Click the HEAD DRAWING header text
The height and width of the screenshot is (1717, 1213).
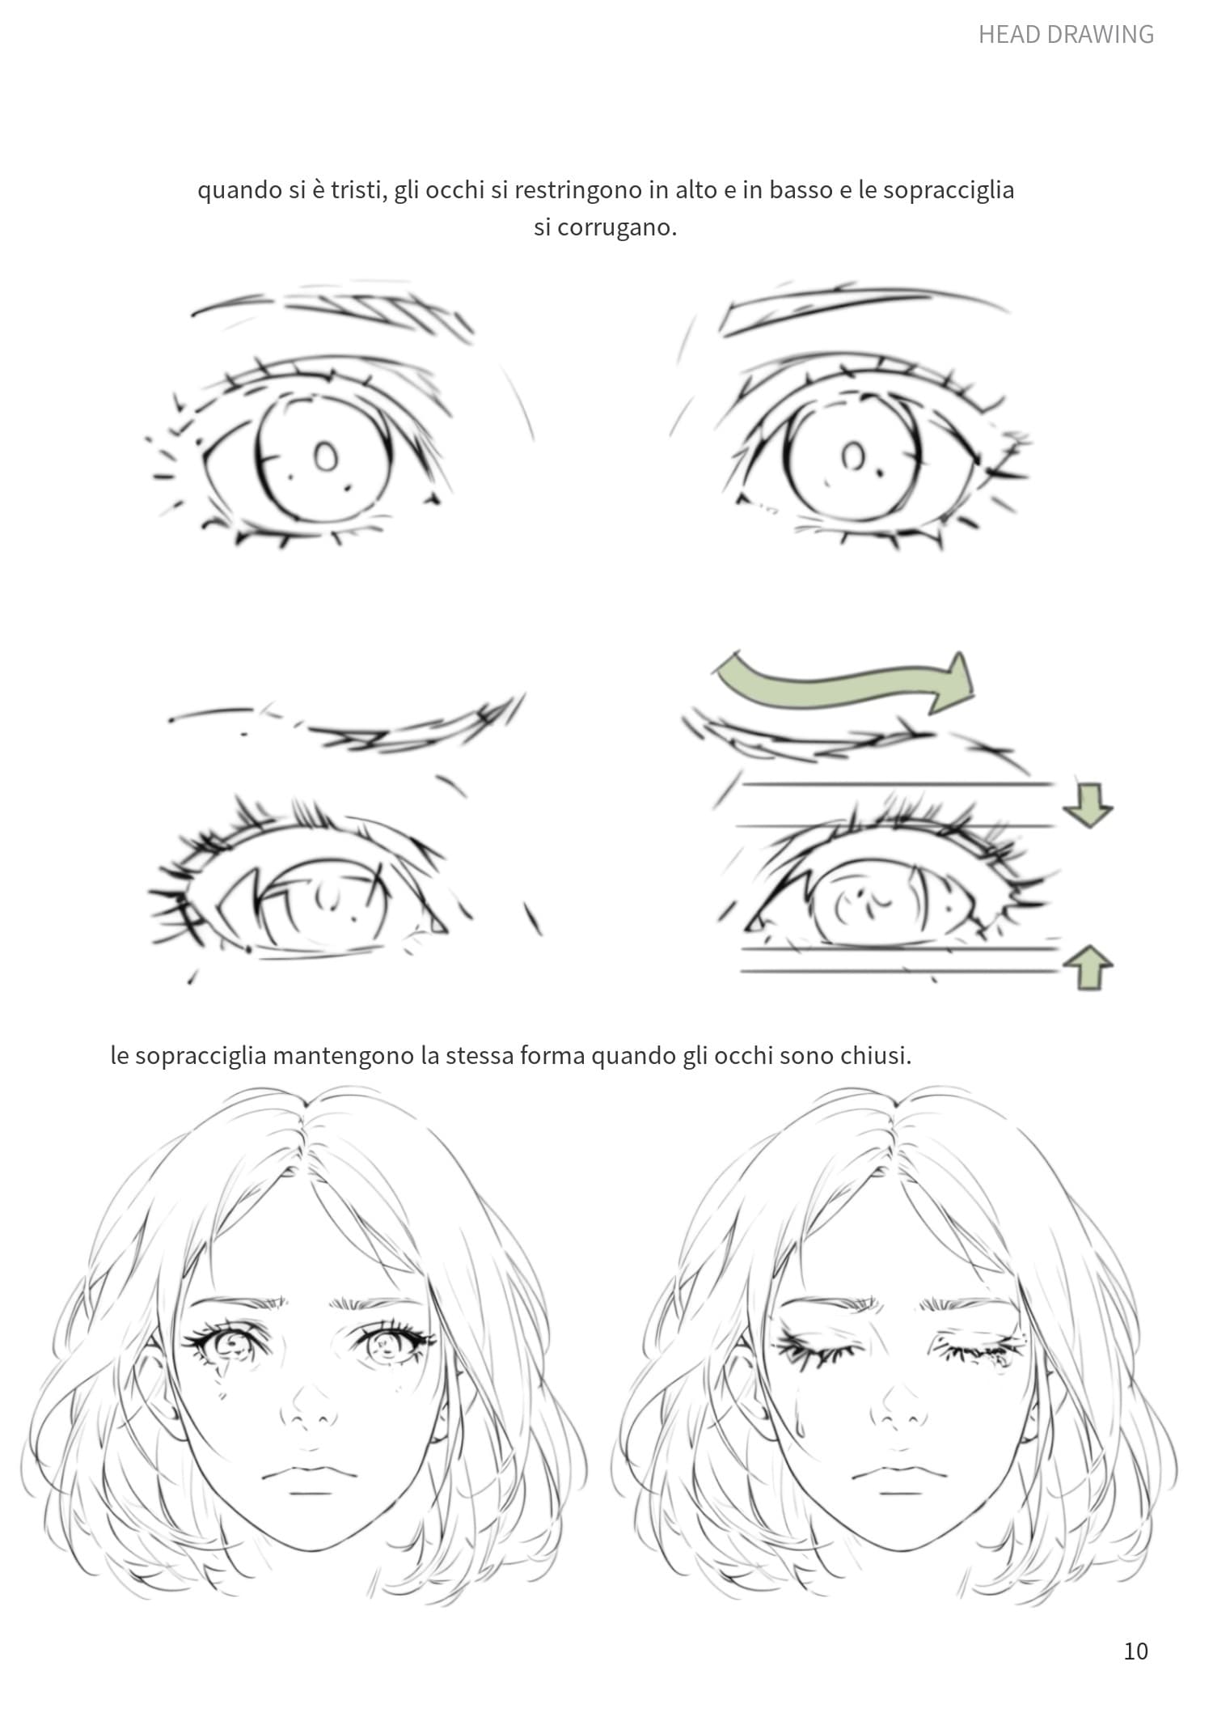point(1065,34)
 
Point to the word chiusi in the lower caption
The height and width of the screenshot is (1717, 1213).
point(876,1056)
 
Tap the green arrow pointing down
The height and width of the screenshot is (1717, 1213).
point(1088,805)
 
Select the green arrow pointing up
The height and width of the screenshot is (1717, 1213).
point(1088,967)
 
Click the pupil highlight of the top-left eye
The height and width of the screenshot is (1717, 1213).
point(326,457)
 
